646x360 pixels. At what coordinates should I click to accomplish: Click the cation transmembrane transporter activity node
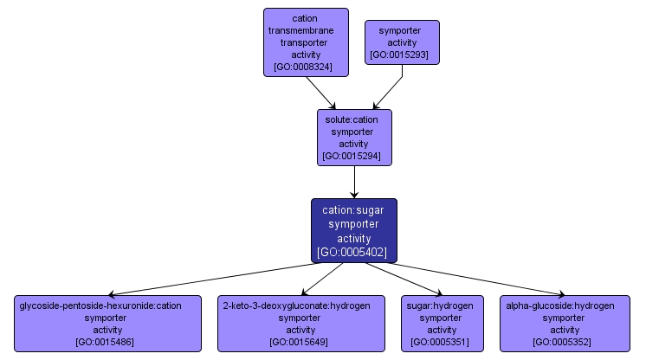[x=306, y=42]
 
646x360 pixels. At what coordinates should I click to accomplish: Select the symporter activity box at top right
[x=402, y=42]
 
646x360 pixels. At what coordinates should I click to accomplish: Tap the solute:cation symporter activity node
[x=353, y=137]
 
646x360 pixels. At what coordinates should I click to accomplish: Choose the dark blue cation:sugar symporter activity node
[x=353, y=230]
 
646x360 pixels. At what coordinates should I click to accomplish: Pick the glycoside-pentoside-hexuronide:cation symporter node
[x=107, y=324]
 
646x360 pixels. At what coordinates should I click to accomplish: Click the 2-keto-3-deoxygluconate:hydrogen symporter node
[x=300, y=324]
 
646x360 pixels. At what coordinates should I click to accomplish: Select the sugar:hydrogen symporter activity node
[x=441, y=324]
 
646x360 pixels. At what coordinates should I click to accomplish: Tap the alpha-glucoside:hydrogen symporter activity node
[x=565, y=324]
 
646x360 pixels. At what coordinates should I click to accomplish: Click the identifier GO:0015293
[x=402, y=55]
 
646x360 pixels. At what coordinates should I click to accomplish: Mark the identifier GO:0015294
[x=353, y=157]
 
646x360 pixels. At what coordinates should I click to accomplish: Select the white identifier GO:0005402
[x=353, y=253]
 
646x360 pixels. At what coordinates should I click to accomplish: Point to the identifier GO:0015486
[x=107, y=343]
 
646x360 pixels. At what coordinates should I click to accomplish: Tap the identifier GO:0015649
[x=300, y=343]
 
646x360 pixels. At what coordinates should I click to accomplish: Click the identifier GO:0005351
[x=441, y=343]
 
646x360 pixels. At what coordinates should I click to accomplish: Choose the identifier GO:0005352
[x=565, y=343]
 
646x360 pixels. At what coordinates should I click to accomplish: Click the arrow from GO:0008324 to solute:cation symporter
[x=321, y=92]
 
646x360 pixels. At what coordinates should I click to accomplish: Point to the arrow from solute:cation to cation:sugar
[x=353, y=182]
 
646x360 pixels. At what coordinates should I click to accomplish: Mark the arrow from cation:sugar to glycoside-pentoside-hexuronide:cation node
[x=208, y=279]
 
